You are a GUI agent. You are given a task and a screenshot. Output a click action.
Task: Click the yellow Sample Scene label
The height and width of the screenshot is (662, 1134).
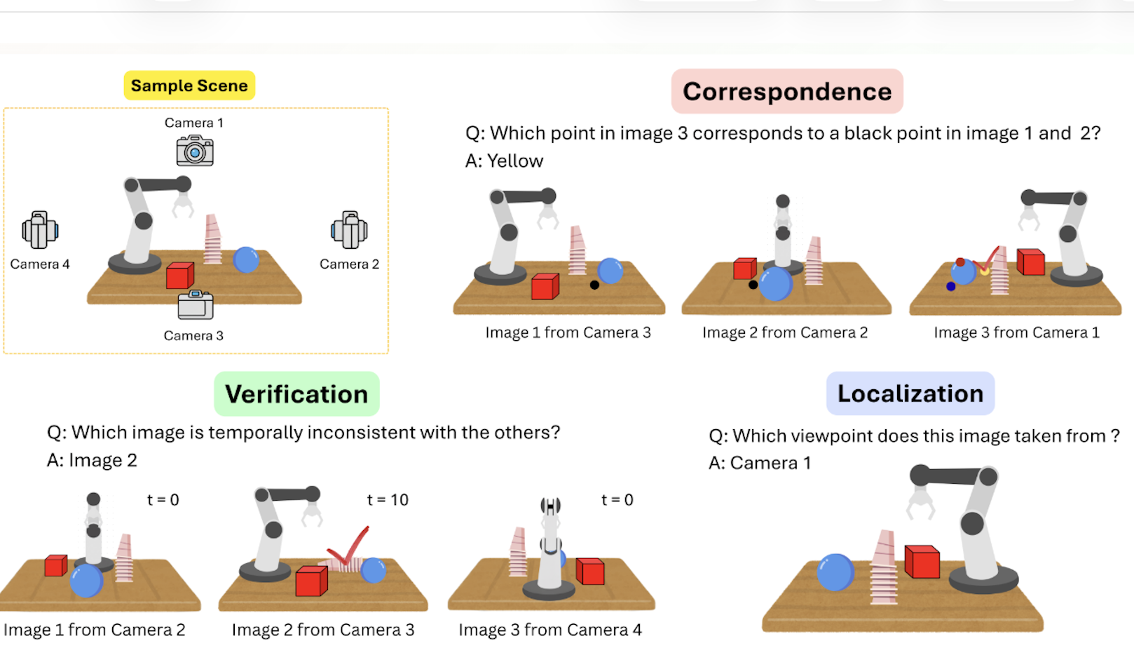tap(189, 86)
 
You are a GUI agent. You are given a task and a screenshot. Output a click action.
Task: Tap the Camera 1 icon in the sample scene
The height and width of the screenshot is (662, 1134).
tap(195, 151)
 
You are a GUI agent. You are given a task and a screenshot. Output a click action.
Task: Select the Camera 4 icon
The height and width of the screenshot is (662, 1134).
tap(40, 230)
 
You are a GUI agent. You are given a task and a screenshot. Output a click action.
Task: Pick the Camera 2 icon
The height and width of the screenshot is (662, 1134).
tap(349, 230)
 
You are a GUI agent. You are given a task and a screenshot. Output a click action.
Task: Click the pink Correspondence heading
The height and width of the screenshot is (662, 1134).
tap(787, 92)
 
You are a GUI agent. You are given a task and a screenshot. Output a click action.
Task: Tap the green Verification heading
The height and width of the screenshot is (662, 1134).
tap(296, 394)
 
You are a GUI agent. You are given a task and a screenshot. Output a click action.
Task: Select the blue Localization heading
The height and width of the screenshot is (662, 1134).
tap(910, 393)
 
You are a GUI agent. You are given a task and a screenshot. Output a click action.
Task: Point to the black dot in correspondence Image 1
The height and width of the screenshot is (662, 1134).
tap(595, 285)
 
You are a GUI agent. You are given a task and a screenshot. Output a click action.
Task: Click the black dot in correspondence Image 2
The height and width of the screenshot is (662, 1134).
tap(753, 285)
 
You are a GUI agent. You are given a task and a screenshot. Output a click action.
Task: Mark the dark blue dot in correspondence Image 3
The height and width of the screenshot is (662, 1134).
tap(951, 287)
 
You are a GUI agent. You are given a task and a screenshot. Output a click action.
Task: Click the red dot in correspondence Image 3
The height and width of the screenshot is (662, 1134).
tap(960, 262)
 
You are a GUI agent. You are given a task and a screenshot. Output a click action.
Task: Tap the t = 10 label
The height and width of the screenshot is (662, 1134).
tap(388, 500)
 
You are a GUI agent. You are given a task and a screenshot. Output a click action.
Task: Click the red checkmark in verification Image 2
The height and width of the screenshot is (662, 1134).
tap(348, 547)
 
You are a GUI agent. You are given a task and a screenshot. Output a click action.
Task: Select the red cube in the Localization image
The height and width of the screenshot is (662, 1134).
tap(922, 562)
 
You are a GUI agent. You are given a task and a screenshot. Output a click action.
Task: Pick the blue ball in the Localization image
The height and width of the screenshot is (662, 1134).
tap(836, 572)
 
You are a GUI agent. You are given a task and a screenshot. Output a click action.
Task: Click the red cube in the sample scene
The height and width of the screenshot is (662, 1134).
tap(180, 276)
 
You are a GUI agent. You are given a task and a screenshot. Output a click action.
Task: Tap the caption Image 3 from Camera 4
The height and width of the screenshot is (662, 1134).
tap(550, 630)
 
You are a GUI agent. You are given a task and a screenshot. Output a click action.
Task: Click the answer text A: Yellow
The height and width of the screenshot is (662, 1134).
tap(504, 161)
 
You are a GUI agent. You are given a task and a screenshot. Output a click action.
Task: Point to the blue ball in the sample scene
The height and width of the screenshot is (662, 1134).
tap(246, 260)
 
